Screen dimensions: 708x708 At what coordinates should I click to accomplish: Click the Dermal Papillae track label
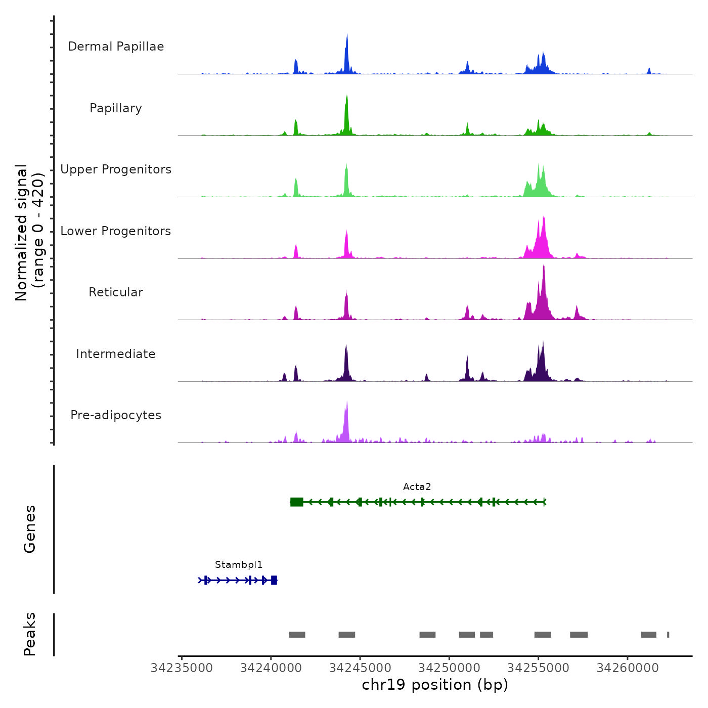tap(116, 47)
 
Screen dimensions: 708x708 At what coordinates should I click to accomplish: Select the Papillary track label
tap(116, 108)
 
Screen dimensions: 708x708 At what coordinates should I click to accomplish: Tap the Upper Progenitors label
tap(116, 169)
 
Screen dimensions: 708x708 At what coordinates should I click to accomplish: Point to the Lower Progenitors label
tap(116, 231)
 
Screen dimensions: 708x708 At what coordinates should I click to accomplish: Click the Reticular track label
tap(116, 292)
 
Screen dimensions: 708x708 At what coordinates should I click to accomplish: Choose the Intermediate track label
tap(116, 354)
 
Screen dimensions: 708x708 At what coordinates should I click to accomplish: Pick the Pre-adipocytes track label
tap(116, 415)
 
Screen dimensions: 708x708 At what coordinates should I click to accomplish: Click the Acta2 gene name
tap(417, 487)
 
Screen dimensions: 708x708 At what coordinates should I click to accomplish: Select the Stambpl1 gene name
tap(239, 565)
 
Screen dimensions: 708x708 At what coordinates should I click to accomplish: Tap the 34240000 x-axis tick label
tap(271, 668)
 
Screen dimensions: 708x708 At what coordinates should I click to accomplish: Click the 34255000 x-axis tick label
tap(538, 668)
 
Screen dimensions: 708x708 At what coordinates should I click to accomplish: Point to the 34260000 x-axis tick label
tap(628, 668)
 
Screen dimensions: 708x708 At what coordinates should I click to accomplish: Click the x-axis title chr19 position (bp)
tap(435, 685)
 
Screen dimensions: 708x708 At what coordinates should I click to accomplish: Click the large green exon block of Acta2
tap(297, 502)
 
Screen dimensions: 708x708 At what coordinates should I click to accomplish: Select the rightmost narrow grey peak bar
tap(668, 635)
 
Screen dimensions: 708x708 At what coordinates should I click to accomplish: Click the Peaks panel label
tap(30, 634)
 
